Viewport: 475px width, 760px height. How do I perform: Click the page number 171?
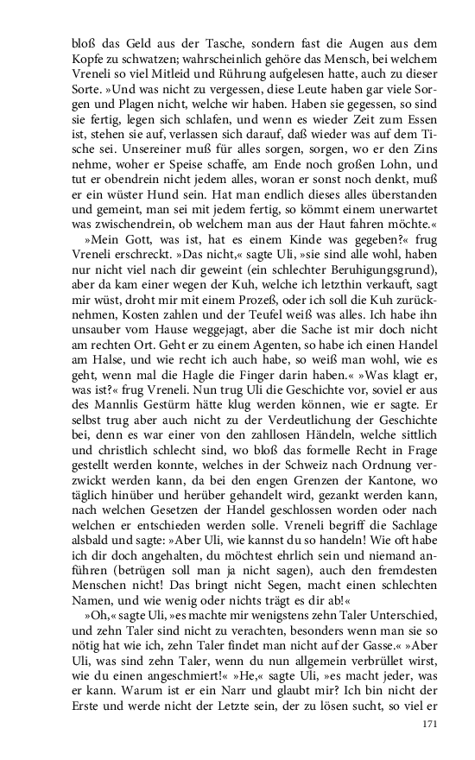(432, 723)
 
